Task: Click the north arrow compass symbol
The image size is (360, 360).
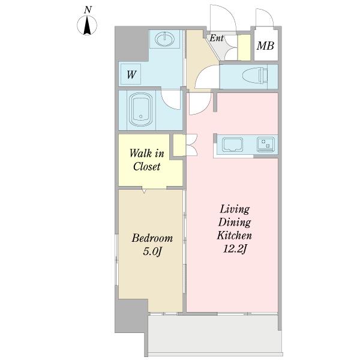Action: point(87,25)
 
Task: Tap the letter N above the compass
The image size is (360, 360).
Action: point(88,10)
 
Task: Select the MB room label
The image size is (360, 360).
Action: point(265,46)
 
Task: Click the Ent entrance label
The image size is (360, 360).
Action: point(217,38)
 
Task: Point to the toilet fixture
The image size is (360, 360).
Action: point(255,75)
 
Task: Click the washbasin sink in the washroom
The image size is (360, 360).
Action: point(164,39)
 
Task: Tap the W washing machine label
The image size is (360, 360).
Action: point(131,74)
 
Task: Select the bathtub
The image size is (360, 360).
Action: point(140,110)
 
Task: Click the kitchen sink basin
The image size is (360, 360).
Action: point(232,145)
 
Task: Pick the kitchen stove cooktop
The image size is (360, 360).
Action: point(266,145)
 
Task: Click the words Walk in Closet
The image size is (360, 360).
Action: point(147,160)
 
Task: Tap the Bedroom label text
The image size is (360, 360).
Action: point(152,238)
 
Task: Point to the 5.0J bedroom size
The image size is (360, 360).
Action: point(152,251)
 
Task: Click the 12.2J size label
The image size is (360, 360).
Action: point(235,249)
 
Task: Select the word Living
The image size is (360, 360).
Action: point(235,209)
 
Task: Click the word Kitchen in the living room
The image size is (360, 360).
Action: point(235,236)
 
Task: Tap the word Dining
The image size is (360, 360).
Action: point(235,223)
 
